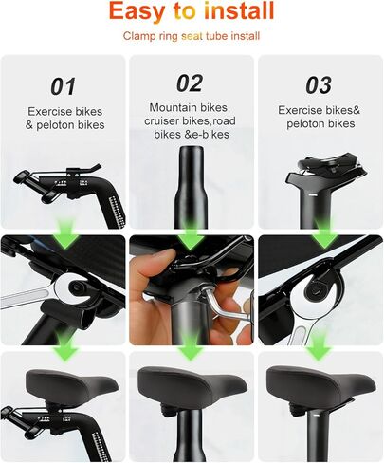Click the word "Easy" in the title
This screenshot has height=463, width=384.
(x=137, y=10)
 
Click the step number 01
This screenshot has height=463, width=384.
(x=64, y=86)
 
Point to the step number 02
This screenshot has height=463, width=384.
(x=190, y=83)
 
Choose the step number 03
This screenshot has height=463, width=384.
(x=319, y=85)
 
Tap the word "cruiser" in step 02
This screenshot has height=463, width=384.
(x=160, y=121)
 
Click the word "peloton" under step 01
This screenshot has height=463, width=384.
(x=56, y=125)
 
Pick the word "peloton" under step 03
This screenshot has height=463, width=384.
(x=306, y=123)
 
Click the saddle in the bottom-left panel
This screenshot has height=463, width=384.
(x=72, y=384)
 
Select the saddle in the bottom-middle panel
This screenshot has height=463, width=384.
(x=192, y=384)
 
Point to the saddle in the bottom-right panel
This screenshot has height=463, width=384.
(x=320, y=383)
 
